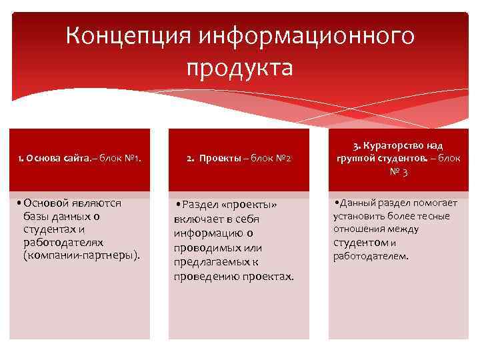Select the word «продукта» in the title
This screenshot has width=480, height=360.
pos(239,67)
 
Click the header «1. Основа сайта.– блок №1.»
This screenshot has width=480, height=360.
pos(79,159)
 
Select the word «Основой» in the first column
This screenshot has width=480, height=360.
pos(50,202)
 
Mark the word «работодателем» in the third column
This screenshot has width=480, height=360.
pos(371,256)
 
